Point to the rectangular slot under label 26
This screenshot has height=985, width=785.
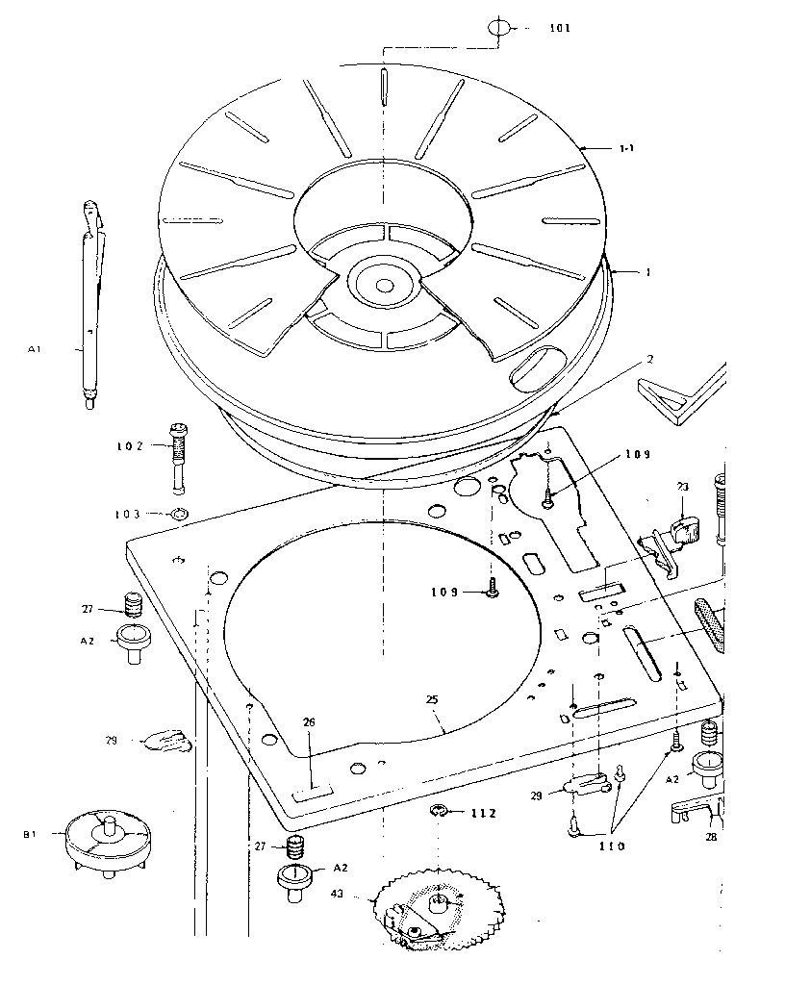point(311,791)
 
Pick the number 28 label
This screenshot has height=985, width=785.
point(711,837)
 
